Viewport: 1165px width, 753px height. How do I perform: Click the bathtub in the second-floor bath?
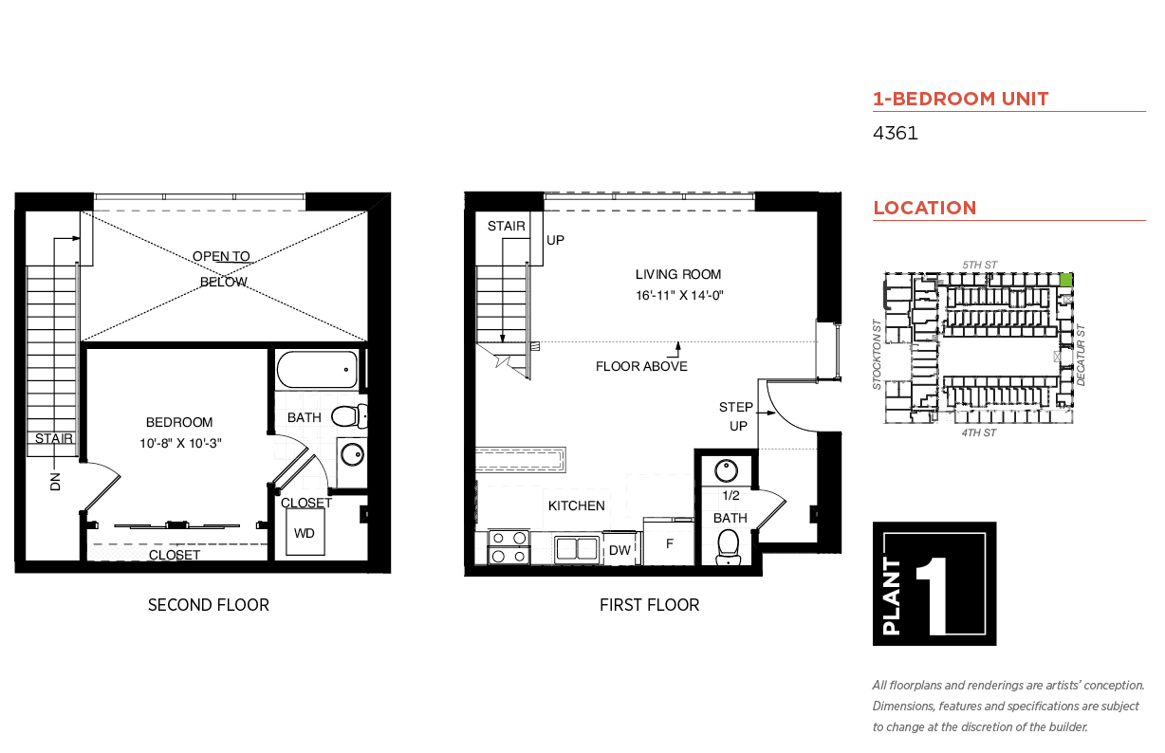pyautogui.click(x=318, y=370)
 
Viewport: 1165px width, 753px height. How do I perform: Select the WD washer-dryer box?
pyautogui.click(x=304, y=533)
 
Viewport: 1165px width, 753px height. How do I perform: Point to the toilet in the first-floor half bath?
pyautogui.click(x=728, y=544)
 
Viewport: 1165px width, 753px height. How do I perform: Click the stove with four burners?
pyautogui.click(x=508, y=547)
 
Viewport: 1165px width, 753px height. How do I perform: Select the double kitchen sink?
pyautogui.click(x=575, y=548)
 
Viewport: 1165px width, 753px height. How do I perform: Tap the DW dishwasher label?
pyautogui.click(x=619, y=550)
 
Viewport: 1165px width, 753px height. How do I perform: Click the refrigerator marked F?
pyautogui.click(x=669, y=544)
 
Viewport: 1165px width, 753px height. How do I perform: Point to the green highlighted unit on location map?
pyautogui.click(x=1065, y=280)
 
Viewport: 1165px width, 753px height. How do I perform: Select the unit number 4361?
pyautogui.click(x=895, y=133)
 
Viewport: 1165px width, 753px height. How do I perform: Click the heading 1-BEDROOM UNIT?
pyautogui.click(x=960, y=99)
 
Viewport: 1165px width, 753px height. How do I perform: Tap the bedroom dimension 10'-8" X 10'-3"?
pyautogui.click(x=178, y=442)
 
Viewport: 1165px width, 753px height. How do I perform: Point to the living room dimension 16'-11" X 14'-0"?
pyautogui.click(x=679, y=295)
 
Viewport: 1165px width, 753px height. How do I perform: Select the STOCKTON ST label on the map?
pyautogui.click(x=878, y=353)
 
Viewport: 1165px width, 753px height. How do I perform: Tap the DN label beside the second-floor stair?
pyautogui.click(x=55, y=481)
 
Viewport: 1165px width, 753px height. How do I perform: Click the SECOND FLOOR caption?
pyautogui.click(x=208, y=604)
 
